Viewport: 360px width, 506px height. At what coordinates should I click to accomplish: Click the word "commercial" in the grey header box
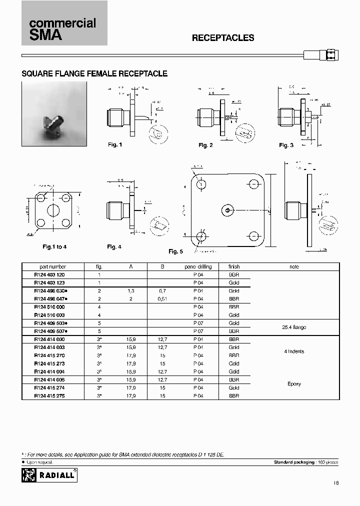click(x=62, y=23)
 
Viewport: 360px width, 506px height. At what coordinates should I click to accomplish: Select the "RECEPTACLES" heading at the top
click(x=223, y=38)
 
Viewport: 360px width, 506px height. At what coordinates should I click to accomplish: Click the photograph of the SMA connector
click(x=54, y=114)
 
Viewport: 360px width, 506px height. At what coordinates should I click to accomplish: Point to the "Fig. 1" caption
click(x=115, y=144)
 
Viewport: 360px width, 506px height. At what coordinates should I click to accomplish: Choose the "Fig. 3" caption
click(x=286, y=145)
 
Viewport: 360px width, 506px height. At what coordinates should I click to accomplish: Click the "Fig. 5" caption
click(x=175, y=251)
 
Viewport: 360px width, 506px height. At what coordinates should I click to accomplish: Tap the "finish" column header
click(x=234, y=266)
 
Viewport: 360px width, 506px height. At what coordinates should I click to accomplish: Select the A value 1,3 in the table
click(x=131, y=290)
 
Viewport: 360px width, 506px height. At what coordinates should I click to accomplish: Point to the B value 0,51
click(x=162, y=298)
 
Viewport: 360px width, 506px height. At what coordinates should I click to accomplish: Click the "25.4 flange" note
click(x=294, y=327)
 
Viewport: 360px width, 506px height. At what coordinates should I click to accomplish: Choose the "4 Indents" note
click(x=294, y=351)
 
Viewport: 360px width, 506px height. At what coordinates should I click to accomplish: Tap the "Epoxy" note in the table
click(x=294, y=383)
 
